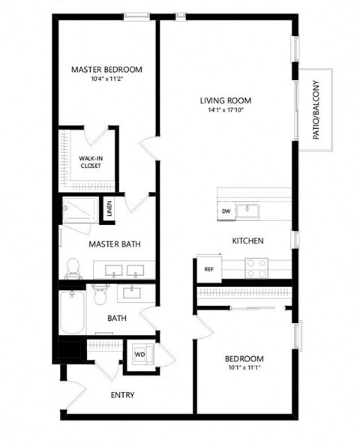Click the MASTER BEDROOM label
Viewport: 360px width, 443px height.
pos(106,70)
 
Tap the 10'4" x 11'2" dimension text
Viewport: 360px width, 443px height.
pos(106,79)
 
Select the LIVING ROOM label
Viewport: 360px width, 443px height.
pos(225,100)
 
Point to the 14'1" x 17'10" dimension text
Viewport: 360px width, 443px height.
pos(225,110)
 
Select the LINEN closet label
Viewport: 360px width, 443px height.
pos(109,208)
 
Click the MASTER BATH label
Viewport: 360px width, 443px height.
pos(115,244)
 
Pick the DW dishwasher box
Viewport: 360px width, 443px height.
pos(226,212)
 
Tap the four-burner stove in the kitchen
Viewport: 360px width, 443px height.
pos(257,268)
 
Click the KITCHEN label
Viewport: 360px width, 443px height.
pos(247,241)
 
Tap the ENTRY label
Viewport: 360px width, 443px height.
pos(122,395)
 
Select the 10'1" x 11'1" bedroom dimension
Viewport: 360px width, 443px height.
pos(246,367)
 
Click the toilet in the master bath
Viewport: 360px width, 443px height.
pos(73,267)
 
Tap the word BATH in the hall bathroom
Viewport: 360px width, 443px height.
pos(117,318)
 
